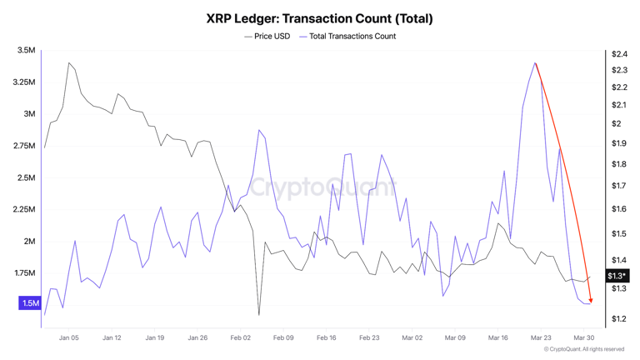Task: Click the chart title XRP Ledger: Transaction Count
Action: pos(319,17)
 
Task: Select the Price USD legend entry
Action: pos(267,37)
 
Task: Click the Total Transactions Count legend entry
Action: pos(347,37)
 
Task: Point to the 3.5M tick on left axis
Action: pos(26,51)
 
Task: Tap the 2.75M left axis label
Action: pos(24,146)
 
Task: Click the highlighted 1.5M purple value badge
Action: pos(30,303)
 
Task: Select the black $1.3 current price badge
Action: pos(617,276)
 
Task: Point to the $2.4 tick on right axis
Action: pos(618,54)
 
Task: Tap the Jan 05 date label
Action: pos(69,338)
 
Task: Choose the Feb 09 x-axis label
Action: pos(283,338)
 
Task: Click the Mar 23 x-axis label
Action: pos(541,338)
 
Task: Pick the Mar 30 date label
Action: pos(584,338)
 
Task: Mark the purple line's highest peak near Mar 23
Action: pos(535,62)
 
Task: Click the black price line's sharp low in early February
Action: pos(259,315)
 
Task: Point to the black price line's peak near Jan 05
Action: pos(69,62)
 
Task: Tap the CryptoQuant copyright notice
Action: pos(583,350)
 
